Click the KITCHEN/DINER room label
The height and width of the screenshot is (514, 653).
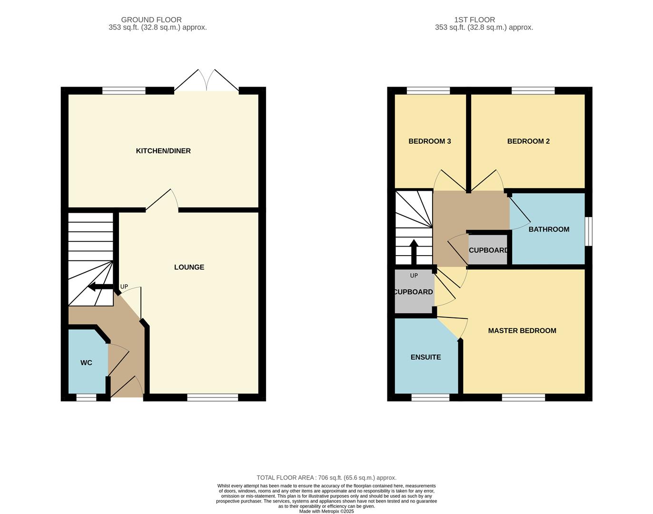click(x=163, y=151)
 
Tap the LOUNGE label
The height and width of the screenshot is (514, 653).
click(x=189, y=267)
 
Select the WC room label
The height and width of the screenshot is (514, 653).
click(x=86, y=363)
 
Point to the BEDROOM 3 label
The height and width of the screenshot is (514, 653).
click(x=429, y=141)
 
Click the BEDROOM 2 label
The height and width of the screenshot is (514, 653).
click(x=528, y=141)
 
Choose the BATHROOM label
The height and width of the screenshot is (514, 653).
click(x=549, y=229)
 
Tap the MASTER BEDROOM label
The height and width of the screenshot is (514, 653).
click(x=522, y=331)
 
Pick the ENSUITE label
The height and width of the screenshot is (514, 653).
click(x=425, y=357)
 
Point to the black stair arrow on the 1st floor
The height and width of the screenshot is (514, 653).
click(x=414, y=251)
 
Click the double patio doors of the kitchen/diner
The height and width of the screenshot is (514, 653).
click(x=206, y=81)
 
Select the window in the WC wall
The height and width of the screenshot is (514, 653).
click(x=86, y=397)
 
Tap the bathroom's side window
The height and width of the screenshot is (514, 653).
click(x=588, y=231)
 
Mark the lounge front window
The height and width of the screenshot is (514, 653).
click(x=212, y=397)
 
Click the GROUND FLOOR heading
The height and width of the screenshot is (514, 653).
click(x=151, y=20)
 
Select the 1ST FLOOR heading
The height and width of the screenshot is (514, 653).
click(x=474, y=20)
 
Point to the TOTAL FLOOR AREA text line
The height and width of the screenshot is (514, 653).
click(x=326, y=477)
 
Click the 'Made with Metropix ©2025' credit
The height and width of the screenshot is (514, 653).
click(x=326, y=511)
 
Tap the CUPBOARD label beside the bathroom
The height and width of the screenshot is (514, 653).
click(x=488, y=250)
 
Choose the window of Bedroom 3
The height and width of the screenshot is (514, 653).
click(x=428, y=90)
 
